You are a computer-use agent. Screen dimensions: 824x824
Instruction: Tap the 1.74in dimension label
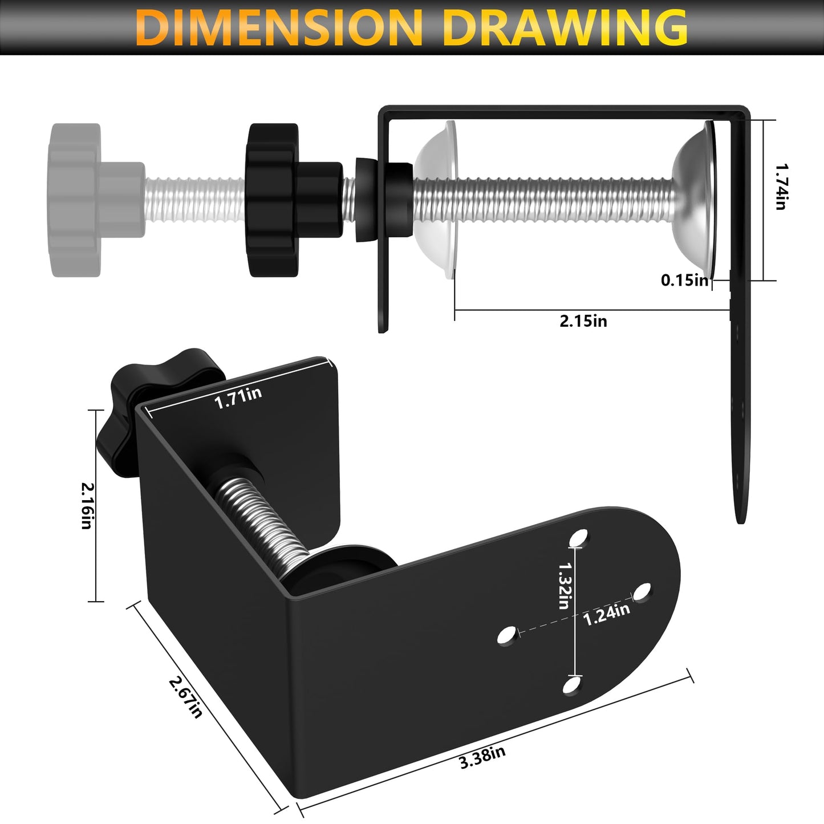(781, 187)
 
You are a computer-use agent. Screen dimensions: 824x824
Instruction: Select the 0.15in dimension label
(685, 280)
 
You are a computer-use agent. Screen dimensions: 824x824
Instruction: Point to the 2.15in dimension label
(583, 321)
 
